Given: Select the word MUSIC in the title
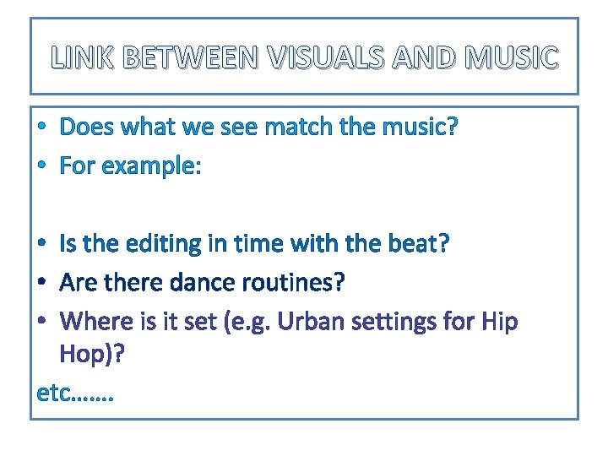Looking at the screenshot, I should tap(512, 58).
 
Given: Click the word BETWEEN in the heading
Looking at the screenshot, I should tap(193, 58).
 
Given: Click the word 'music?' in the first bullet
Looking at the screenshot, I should tap(418, 128).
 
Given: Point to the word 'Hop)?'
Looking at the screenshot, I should tap(93, 355).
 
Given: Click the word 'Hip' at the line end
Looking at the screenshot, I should tap(500, 322).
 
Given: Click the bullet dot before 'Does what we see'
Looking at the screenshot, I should tap(42, 128).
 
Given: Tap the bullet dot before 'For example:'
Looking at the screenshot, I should tap(42, 167).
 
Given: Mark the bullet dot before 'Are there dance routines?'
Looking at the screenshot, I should tap(42, 284).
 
